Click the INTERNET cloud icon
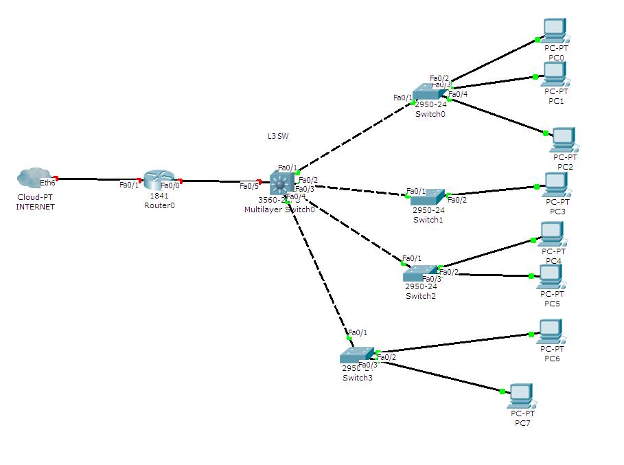[32, 178]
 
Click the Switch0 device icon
[430, 93]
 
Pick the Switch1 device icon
[427, 198]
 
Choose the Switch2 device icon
[420, 273]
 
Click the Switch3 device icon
[357, 355]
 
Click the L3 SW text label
[278, 136]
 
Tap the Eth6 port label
[47, 183]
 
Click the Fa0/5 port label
[249, 186]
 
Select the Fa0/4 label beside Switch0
[458, 94]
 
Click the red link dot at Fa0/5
[259, 182]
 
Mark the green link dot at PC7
[502, 392]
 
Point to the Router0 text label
[159, 205]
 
